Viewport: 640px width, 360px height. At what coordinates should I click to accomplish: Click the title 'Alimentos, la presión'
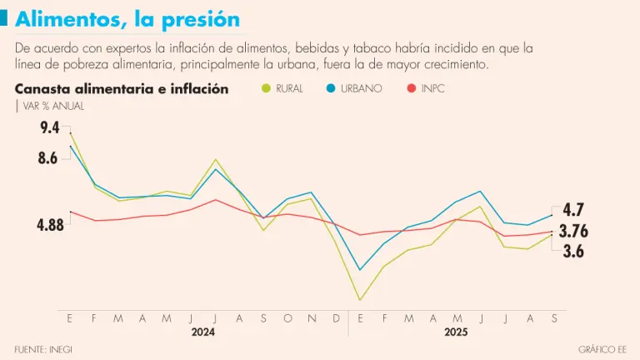coord(127,18)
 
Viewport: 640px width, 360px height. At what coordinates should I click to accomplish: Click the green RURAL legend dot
coord(266,87)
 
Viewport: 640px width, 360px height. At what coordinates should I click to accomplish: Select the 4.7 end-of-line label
coord(573,209)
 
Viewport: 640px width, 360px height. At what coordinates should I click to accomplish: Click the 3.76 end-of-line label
coord(573,231)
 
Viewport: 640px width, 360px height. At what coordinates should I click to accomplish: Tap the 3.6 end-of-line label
coord(573,251)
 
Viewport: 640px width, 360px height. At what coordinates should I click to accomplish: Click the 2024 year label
coord(202,332)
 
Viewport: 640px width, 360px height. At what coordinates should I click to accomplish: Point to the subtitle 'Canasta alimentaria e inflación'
coord(122,88)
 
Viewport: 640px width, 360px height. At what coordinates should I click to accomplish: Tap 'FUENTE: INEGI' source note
coord(43,347)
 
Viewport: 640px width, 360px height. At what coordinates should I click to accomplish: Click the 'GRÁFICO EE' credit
coord(601,347)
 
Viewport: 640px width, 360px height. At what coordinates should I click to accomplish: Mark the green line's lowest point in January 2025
coord(360,300)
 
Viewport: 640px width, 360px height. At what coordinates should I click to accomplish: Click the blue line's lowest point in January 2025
coord(360,269)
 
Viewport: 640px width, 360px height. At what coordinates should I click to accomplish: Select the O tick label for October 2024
coord(287,318)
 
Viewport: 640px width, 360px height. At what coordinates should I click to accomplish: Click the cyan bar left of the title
coord(5,18)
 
